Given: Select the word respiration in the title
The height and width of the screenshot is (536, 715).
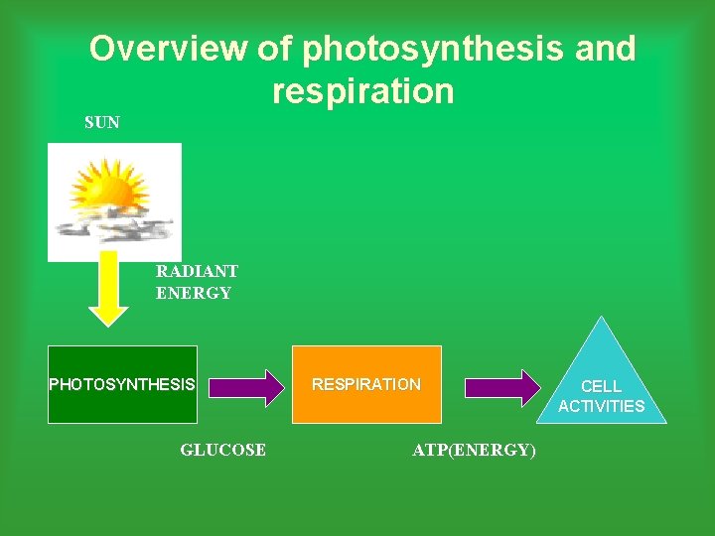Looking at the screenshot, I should (362, 91).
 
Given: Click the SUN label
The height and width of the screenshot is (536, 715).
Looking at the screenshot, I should (102, 123).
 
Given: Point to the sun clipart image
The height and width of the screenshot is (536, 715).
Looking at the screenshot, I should (114, 201).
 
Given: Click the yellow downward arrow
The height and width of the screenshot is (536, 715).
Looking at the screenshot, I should (109, 293).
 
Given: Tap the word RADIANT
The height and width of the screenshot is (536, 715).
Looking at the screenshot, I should (197, 271).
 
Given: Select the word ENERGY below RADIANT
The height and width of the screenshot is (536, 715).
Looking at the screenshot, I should (193, 293).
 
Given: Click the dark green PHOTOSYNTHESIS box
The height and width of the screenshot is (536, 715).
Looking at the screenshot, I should (123, 384).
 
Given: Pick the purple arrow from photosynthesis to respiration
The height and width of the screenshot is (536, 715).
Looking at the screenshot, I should (245, 387).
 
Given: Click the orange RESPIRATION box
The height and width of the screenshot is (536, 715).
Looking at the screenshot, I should (366, 384).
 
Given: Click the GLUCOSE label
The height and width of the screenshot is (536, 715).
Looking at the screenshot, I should (222, 450).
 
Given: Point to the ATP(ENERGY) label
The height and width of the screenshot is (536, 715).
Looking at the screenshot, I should (474, 451).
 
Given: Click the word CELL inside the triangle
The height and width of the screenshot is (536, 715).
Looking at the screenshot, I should (601, 386).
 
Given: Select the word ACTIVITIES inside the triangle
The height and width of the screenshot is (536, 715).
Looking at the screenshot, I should (601, 406).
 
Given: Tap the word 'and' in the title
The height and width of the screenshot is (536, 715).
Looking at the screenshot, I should (605, 49).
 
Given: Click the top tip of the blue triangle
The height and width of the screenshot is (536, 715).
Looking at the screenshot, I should (601, 319).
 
